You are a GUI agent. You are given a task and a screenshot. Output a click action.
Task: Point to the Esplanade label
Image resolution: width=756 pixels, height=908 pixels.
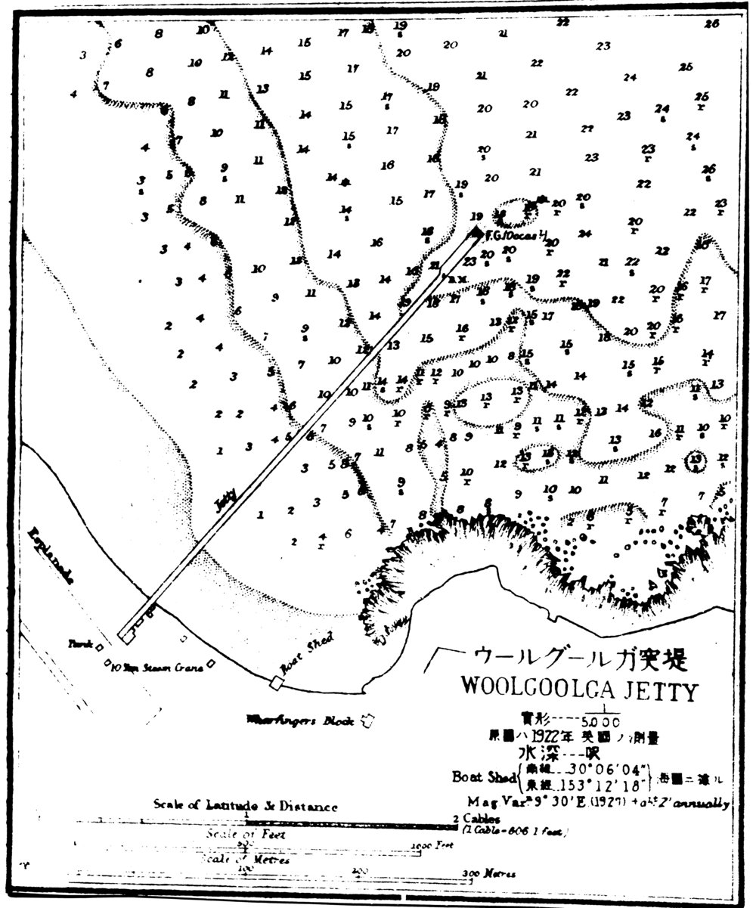51,556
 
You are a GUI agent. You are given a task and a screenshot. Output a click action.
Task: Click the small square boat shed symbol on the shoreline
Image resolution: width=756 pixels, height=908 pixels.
277,682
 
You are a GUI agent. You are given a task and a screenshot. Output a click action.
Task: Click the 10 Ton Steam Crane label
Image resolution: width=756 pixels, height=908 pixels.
157,668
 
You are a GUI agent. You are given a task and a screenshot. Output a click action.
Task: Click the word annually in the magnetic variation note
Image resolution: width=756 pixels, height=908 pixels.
702,803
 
